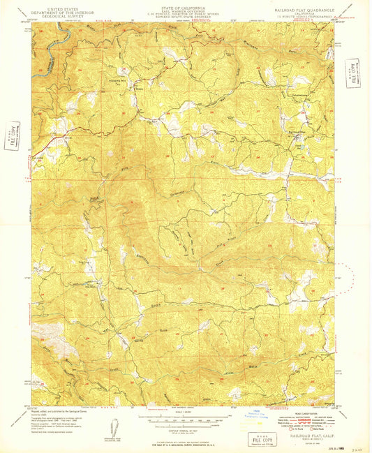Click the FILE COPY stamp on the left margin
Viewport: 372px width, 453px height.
coord(11,131)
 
